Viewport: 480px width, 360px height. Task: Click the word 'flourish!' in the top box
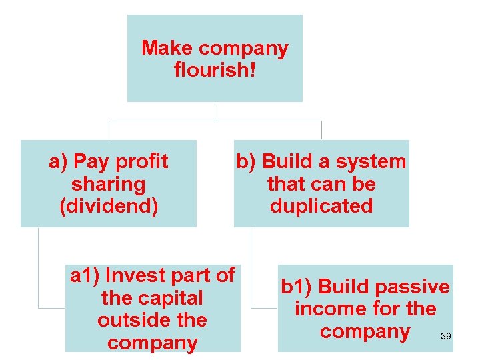215,69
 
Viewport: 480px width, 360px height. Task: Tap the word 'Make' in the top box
167,48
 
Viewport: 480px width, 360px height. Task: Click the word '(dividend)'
109,206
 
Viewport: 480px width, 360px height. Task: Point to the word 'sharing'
108,184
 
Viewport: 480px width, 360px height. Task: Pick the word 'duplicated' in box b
321,206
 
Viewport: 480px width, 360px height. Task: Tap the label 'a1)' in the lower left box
85,275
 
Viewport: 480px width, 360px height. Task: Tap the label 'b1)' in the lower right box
297,287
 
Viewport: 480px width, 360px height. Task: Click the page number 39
446,336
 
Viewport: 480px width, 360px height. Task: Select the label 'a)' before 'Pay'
59,161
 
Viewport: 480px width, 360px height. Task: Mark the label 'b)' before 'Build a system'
246,161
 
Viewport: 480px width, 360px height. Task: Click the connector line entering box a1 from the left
51,308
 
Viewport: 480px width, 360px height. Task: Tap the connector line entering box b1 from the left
264,308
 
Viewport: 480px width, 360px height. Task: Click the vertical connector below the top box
215,111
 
